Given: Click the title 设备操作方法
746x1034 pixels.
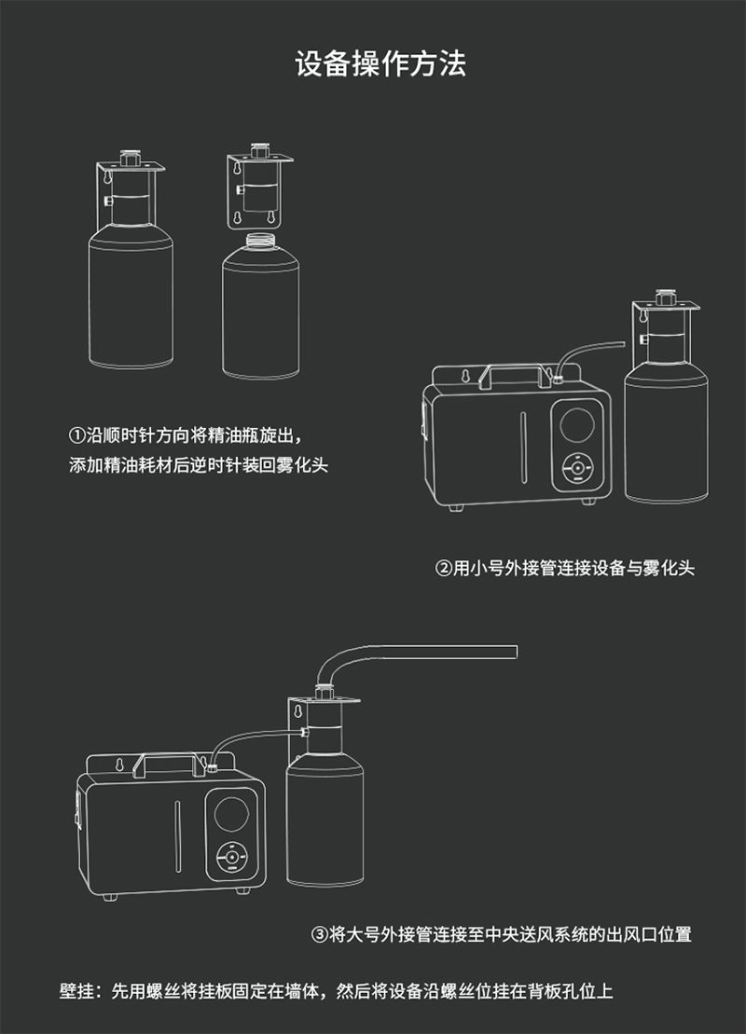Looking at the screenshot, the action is [380, 64].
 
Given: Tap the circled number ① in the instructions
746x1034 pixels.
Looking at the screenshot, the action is [77, 436].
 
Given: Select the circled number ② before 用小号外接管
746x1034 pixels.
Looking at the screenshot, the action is [444, 568].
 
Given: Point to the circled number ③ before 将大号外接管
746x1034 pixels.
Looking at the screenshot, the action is [320, 934].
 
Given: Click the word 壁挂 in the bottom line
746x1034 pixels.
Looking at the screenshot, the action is [76, 990].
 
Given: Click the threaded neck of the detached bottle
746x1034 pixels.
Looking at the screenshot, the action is [260, 241].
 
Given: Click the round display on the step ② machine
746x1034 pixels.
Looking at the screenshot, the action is [577, 424].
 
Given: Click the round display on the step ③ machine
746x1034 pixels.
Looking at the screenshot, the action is [232, 814].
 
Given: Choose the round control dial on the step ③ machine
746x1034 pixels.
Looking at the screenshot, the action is [231, 858].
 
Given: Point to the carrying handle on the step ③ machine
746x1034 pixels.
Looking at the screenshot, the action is [170, 764].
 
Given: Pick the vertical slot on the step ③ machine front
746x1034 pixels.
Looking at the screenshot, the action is [177, 836].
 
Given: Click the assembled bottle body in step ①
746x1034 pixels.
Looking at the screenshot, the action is [131, 296].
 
